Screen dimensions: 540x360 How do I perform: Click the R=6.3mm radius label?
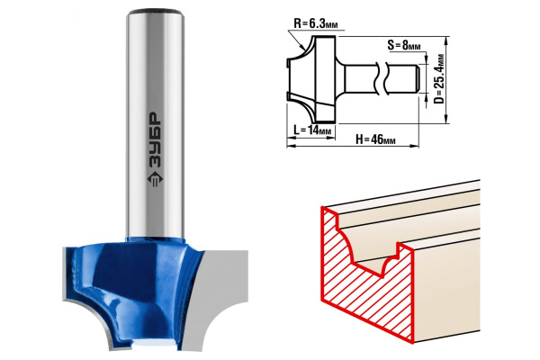coord(316,23)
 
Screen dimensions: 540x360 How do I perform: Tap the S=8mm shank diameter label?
coord(403,45)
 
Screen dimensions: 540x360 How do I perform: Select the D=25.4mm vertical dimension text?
coord(439,79)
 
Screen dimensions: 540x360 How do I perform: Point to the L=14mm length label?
coord(312,130)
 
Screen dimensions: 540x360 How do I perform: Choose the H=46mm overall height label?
coord(375,139)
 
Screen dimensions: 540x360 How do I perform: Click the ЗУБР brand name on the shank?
coord(155,140)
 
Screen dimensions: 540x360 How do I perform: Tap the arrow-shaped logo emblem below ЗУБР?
coord(155,179)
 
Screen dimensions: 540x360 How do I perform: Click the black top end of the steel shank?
coord(155,12)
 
